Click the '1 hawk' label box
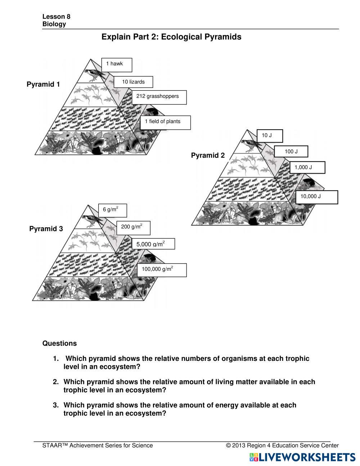(117, 64)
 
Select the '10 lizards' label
(133, 82)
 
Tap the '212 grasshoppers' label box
(159, 97)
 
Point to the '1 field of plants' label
(165, 122)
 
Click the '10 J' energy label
(270, 136)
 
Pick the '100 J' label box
(291, 152)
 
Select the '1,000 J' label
(307, 167)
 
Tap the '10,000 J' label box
(316, 197)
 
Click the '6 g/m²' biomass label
(112, 210)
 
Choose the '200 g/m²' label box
(133, 227)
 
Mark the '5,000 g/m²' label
(153, 244)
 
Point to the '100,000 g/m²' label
(162, 270)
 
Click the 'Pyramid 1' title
(43, 84)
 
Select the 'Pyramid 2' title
(208, 155)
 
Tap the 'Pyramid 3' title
(46, 229)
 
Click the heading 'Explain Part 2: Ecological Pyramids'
(171, 37)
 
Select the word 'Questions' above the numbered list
(59, 343)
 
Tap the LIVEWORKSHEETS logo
(302, 457)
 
